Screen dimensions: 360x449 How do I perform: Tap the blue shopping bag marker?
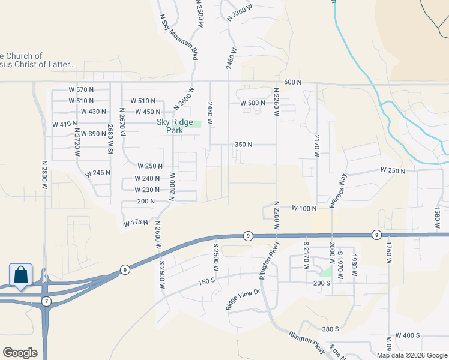pos(20,275)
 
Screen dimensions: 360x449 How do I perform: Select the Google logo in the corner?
pos(20,353)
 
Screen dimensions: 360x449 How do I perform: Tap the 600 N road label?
pos(292,82)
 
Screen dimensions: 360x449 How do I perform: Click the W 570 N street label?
pos(81,90)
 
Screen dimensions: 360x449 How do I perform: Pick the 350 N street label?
pos(244,145)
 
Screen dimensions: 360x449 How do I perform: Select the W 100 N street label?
pos(304,208)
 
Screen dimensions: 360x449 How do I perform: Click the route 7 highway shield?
pos(47,300)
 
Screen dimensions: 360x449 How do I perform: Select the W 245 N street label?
pos(98,173)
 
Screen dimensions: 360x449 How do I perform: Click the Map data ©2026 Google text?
pos(411,355)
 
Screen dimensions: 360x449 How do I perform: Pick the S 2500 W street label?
pos(217,256)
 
